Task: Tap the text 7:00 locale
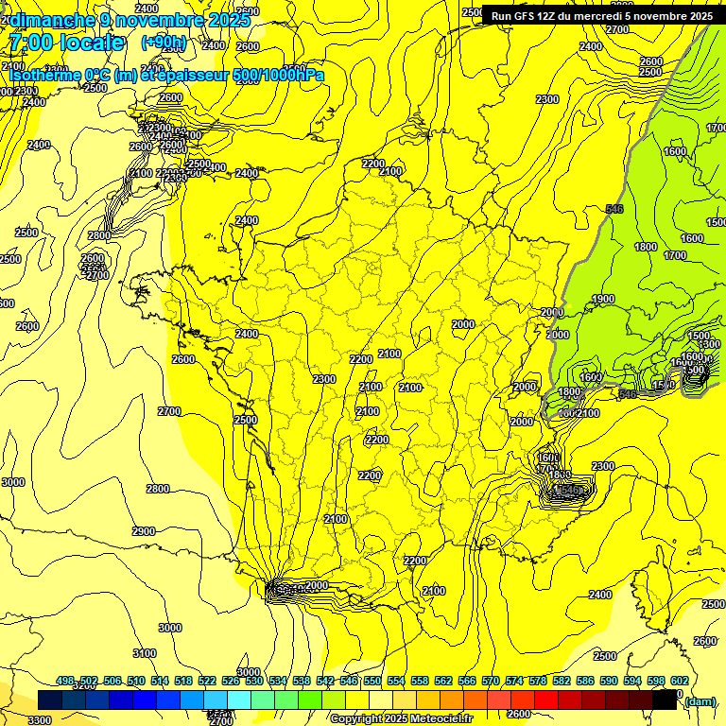click(x=66, y=43)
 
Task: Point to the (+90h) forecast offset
click(x=164, y=43)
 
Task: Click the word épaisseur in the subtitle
click(x=195, y=75)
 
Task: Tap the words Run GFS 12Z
click(x=523, y=16)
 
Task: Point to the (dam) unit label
click(x=700, y=700)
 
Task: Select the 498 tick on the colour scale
click(x=65, y=681)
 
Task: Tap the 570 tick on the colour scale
click(x=491, y=681)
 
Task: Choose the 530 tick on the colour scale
click(x=254, y=681)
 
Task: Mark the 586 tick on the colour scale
click(x=585, y=681)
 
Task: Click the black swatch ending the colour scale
click(x=664, y=700)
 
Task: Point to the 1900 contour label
click(x=603, y=300)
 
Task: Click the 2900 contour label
click(x=144, y=531)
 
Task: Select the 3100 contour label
click(x=145, y=653)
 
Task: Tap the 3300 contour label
click(x=40, y=720)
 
